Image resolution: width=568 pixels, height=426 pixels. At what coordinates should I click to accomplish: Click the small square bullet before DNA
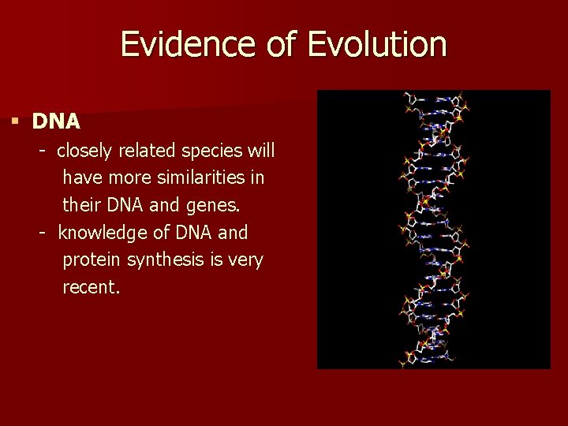(14, 121)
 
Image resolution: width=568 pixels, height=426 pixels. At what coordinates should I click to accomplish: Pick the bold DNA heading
(56, 121)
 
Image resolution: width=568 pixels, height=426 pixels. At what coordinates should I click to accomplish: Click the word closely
(88, 150)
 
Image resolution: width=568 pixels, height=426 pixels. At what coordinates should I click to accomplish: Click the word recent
(91, 288)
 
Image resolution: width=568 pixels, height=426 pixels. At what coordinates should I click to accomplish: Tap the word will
(260, 150)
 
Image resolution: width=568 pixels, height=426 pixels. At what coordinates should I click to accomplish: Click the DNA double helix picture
(433, 229)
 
